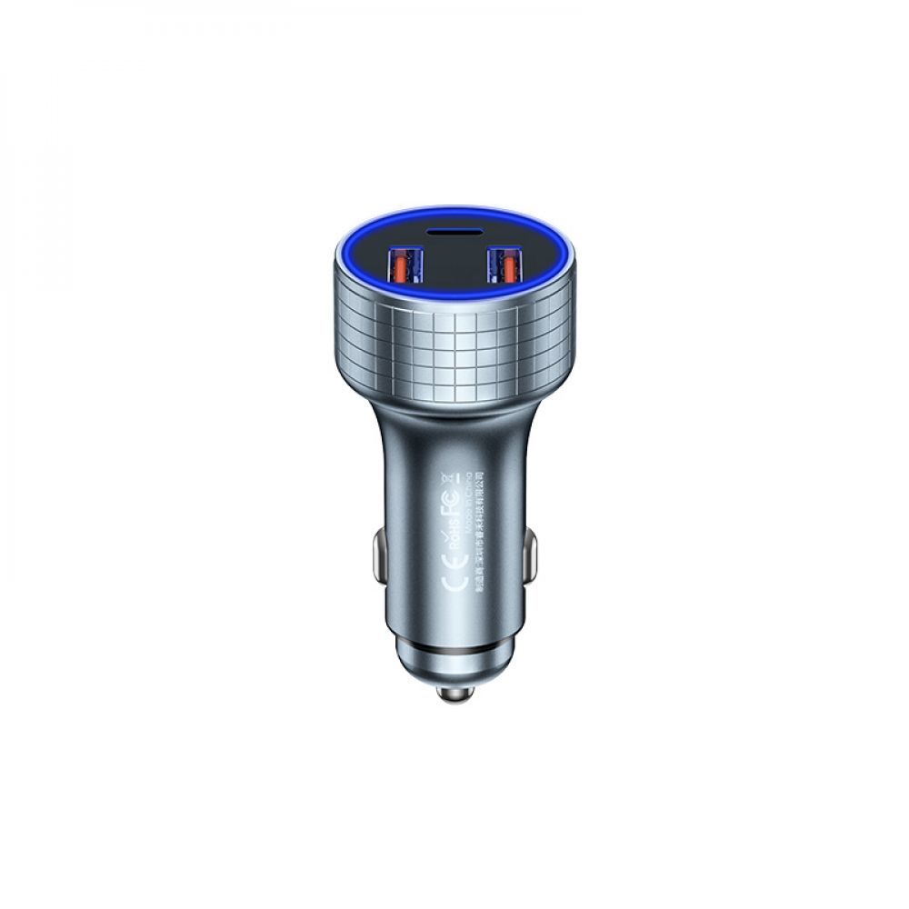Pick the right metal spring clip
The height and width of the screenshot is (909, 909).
coord(530,556)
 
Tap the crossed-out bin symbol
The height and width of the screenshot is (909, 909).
coord(446,478)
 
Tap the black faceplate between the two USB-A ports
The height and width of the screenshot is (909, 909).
coord(454,273)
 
